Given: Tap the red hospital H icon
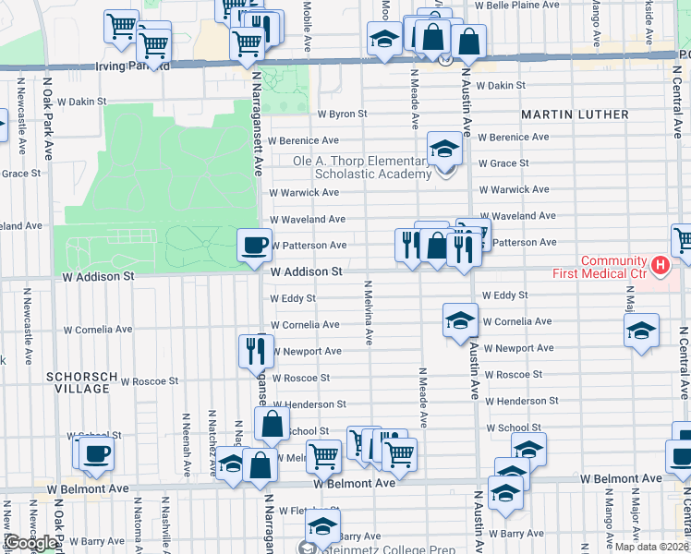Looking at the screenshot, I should coord(660,266).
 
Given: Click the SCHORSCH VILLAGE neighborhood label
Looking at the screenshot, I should coord(81,383).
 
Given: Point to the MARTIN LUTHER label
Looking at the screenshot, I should coord(575,114).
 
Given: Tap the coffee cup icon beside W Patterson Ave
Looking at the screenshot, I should coord(254,245).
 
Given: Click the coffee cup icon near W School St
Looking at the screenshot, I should coord(95,452).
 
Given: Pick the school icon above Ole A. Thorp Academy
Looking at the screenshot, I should coord(444,147).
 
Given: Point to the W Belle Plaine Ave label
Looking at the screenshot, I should coord(517,6).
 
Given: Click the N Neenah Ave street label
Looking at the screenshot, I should coord(187,444).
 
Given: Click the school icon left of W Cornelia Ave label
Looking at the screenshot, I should coord(458,319).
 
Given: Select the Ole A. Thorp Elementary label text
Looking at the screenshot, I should coord(360,161).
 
